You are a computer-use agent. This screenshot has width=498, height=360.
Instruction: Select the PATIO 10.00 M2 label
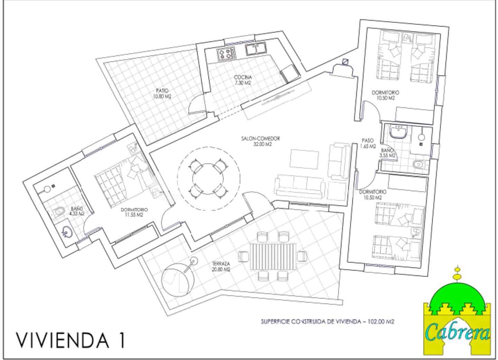[162, 94]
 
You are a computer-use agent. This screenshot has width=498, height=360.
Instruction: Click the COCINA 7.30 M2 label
[242, 80]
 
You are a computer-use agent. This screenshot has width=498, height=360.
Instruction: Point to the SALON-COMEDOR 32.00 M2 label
[260, 141]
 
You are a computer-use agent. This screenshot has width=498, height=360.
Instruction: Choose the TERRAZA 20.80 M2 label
[221, 266]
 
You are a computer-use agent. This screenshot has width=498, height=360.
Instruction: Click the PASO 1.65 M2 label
[368, 143]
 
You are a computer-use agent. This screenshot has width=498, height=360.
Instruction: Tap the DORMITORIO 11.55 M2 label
[135, 212]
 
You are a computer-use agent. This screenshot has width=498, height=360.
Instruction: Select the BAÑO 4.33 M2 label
[77, 211]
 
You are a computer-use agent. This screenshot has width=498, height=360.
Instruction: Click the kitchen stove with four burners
[226, 54]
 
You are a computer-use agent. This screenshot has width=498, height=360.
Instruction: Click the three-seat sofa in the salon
[300, 186]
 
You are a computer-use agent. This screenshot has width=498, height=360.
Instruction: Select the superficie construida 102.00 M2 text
[327, 321]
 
